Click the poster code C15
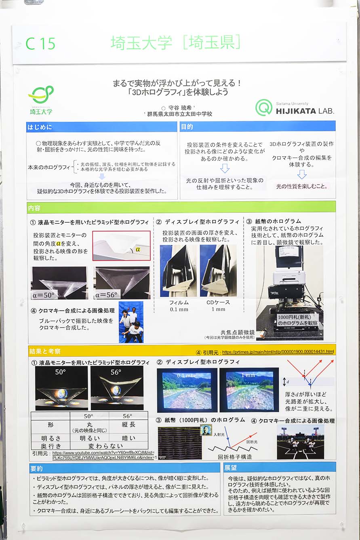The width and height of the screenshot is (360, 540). point(40,44)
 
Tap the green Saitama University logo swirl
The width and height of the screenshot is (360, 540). point(41,95)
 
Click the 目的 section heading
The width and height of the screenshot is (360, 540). point(187,127)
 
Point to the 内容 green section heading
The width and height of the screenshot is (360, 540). point(34,208)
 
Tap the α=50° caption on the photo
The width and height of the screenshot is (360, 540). point(44,295)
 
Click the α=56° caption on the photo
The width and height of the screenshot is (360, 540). point(106,295)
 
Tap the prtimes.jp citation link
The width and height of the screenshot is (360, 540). point(278,352)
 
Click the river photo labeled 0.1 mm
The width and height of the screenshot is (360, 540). point(187,389)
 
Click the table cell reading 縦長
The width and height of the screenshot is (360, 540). point(128,425)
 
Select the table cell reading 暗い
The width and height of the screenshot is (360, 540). point(128,438)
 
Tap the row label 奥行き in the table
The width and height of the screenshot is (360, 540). point(51,446)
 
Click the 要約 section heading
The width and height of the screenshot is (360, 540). point(36,469)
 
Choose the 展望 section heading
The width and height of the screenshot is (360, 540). point(232,469)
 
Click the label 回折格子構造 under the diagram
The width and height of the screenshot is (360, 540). point(235,457)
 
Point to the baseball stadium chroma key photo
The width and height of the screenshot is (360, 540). point(301,441)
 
